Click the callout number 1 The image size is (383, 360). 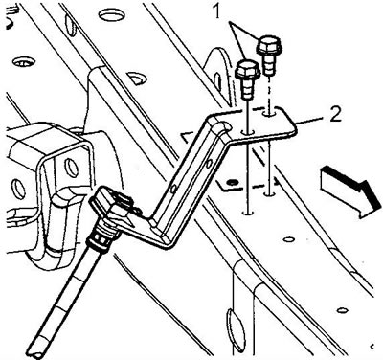[217, 12]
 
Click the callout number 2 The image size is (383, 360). [335, 115]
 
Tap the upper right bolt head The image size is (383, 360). [269, 46]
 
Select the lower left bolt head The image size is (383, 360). [248, 69]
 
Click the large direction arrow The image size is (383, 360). [351, 191]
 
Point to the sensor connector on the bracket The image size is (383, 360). [112, 208]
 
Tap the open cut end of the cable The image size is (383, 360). [36, 352]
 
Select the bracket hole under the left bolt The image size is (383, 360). [248, 131]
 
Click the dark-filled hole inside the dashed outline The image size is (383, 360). [232, 182]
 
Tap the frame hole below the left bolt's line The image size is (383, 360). [248, 212]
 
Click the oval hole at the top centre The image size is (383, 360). [111, 14]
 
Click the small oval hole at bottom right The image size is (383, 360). [343, 310]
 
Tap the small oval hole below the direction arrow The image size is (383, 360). [289, 239]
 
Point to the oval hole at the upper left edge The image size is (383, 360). [24, 61]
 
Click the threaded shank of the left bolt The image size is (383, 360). [247, 88]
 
